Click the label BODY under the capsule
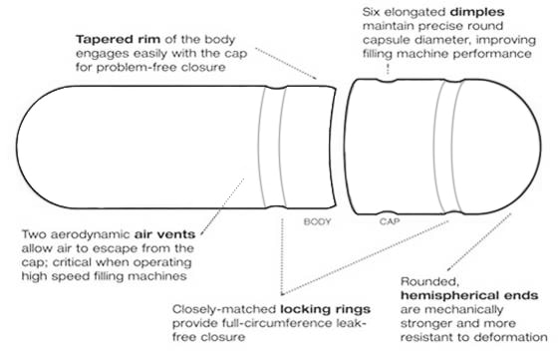click(318, 221)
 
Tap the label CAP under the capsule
click(390, 221)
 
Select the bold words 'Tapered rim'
click(118, 39)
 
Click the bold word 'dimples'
click(477, 12)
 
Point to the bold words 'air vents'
click(164, 234)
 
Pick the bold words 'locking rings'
click(325, 309)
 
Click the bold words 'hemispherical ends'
click(469, 295)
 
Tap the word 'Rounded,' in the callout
click(429, 282)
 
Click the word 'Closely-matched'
click(224, 309)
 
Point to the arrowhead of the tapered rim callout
click(314, 77)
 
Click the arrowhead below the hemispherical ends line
click(449, 268)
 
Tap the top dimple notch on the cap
click(387, 81)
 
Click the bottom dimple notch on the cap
click(387, 212)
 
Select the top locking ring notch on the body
click(276, 88)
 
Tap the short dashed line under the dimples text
click(388, 69)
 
